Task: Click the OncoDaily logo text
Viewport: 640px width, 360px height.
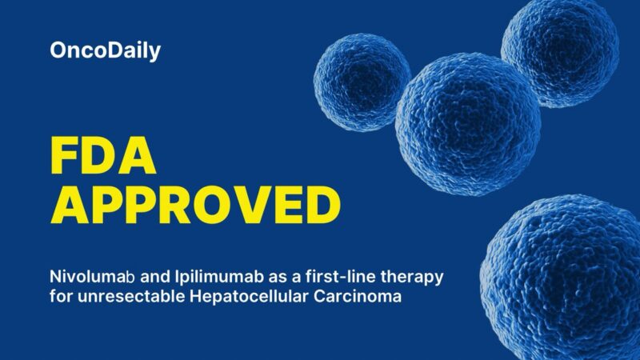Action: click(x=105, y=51)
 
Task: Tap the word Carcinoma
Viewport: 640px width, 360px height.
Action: click(x=346, y=297)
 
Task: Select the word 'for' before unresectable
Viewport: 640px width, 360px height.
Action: click(x=62, y=297)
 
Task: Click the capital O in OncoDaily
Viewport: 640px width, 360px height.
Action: click(x=59, y=51)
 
